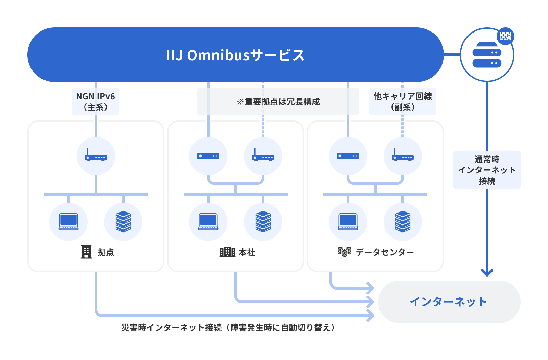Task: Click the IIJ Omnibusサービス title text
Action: [235, 55]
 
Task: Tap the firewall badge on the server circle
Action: [505, 36]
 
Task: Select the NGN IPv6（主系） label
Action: [96, 101]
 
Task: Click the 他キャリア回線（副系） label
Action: [402, 101]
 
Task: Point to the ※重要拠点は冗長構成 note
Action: [278, 102]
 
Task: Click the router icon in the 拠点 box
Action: [96, 156]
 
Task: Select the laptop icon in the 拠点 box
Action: [68, 222]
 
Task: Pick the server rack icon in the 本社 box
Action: [263, 222]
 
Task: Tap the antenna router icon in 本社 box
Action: [263, 156]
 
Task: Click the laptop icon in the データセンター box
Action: [348, 222]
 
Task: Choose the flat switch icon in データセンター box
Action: [348, 156]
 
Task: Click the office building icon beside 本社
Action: [227, 252]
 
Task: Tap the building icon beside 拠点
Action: [86, 252]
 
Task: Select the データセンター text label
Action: [385, 252]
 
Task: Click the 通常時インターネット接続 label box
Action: [487, 170]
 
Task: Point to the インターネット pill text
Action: [448, 301]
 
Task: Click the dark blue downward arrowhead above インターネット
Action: [487, 272]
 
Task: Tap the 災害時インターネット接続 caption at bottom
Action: [228, 327]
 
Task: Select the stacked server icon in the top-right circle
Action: [487, 55]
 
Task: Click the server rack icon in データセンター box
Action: [403, 222]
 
